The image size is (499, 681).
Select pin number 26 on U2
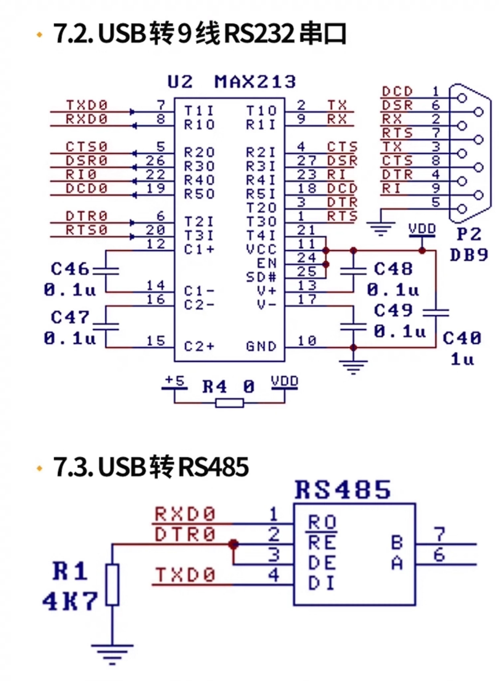(155, 161)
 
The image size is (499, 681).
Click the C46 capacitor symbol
(106, 271)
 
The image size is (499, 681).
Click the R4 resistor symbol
(230, 403)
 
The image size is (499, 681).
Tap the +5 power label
(175, 381)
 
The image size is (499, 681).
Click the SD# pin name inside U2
(261, 277)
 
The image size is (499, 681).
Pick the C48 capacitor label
(393, 269)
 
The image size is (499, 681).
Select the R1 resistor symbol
(112, 585)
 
